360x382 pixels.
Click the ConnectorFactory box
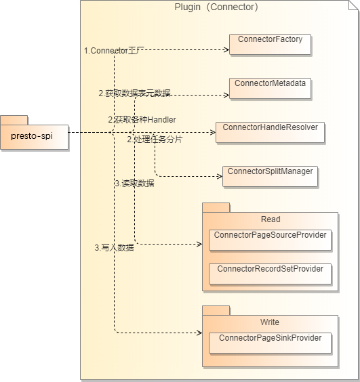click(x=270, y=44)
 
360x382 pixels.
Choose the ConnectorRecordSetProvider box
click(x=270, y=274)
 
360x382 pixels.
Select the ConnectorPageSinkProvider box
click(x=270, y=342)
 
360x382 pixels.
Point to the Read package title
click(x=270, y=219)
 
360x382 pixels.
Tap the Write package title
click(x=270, y=322)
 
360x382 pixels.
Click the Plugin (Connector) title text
click(x=217, y=7)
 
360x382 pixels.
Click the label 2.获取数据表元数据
click(x=134, y=93)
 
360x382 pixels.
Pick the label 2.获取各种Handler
click(x=142, y=120)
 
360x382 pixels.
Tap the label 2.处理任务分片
click(x=155, y=140)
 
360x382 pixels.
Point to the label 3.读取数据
click(x=134, y=183)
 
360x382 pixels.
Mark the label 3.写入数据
click(x=113, y=248)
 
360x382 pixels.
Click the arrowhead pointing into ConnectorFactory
click(x=226, y=50)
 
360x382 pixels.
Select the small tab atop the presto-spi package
click(x=14, y=120)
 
